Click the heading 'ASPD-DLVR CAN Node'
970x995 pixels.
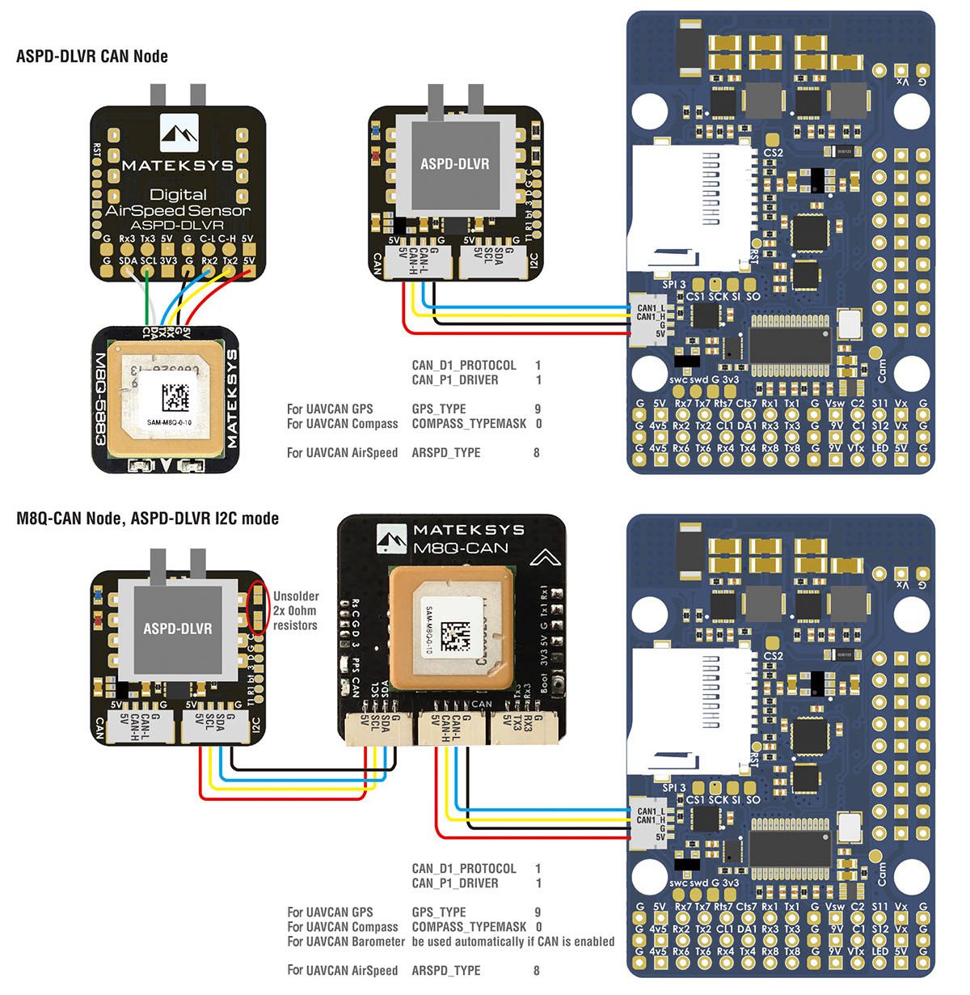92,57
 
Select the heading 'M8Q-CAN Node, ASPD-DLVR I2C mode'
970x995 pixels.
147,519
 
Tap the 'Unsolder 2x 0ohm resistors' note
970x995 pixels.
295,611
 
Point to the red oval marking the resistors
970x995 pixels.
258,607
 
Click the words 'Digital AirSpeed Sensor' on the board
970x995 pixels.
178,202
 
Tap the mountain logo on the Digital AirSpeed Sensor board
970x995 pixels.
179,133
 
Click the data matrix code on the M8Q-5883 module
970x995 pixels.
175,399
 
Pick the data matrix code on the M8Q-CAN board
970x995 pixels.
455,633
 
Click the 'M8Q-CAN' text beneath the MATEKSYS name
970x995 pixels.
461,548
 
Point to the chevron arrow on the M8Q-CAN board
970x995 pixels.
546,557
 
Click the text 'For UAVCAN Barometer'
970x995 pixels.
346,942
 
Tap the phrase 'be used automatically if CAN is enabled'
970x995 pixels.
512,942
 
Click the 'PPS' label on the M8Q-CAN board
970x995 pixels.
356,665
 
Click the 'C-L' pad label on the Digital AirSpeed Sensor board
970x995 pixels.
208,239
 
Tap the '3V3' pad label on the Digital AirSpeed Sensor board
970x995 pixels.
168,261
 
